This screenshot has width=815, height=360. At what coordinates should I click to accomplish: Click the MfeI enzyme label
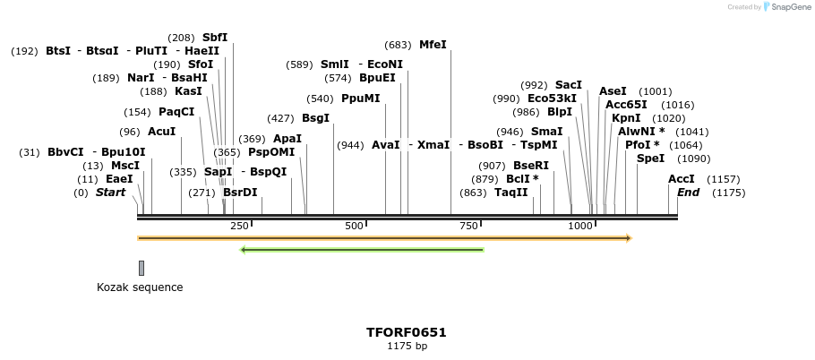[433, 44]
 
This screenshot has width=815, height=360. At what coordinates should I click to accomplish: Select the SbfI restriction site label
[215, 37]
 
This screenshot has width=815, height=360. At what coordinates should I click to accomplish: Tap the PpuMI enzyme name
[361, 99]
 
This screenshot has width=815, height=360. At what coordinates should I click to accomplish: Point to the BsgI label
[315, 118]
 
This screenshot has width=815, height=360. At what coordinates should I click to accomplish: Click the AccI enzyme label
[682, 179]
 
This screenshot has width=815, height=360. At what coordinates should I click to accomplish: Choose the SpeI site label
[650, 159]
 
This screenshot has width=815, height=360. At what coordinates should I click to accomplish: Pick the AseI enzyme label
[613, 91]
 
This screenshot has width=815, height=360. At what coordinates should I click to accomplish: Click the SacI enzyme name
[569, 85]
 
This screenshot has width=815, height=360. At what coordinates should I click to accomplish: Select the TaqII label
[511, 193]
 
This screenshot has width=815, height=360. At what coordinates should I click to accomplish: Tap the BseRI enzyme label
[531, 166]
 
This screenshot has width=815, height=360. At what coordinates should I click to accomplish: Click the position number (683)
[398, 45]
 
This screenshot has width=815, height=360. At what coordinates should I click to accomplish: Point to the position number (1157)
[724, 179]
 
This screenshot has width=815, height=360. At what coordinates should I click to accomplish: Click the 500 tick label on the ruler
[354, 226]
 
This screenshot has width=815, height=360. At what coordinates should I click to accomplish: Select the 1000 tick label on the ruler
[580, 226]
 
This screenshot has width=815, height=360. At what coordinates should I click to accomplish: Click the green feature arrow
[363, 250]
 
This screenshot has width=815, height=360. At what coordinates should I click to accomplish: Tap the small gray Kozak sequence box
[142, 268]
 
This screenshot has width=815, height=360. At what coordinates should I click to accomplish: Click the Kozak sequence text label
[140, 287]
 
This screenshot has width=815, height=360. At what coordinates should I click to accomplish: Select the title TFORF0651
[407, 332]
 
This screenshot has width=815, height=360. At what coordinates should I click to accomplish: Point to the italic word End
[688, 193]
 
